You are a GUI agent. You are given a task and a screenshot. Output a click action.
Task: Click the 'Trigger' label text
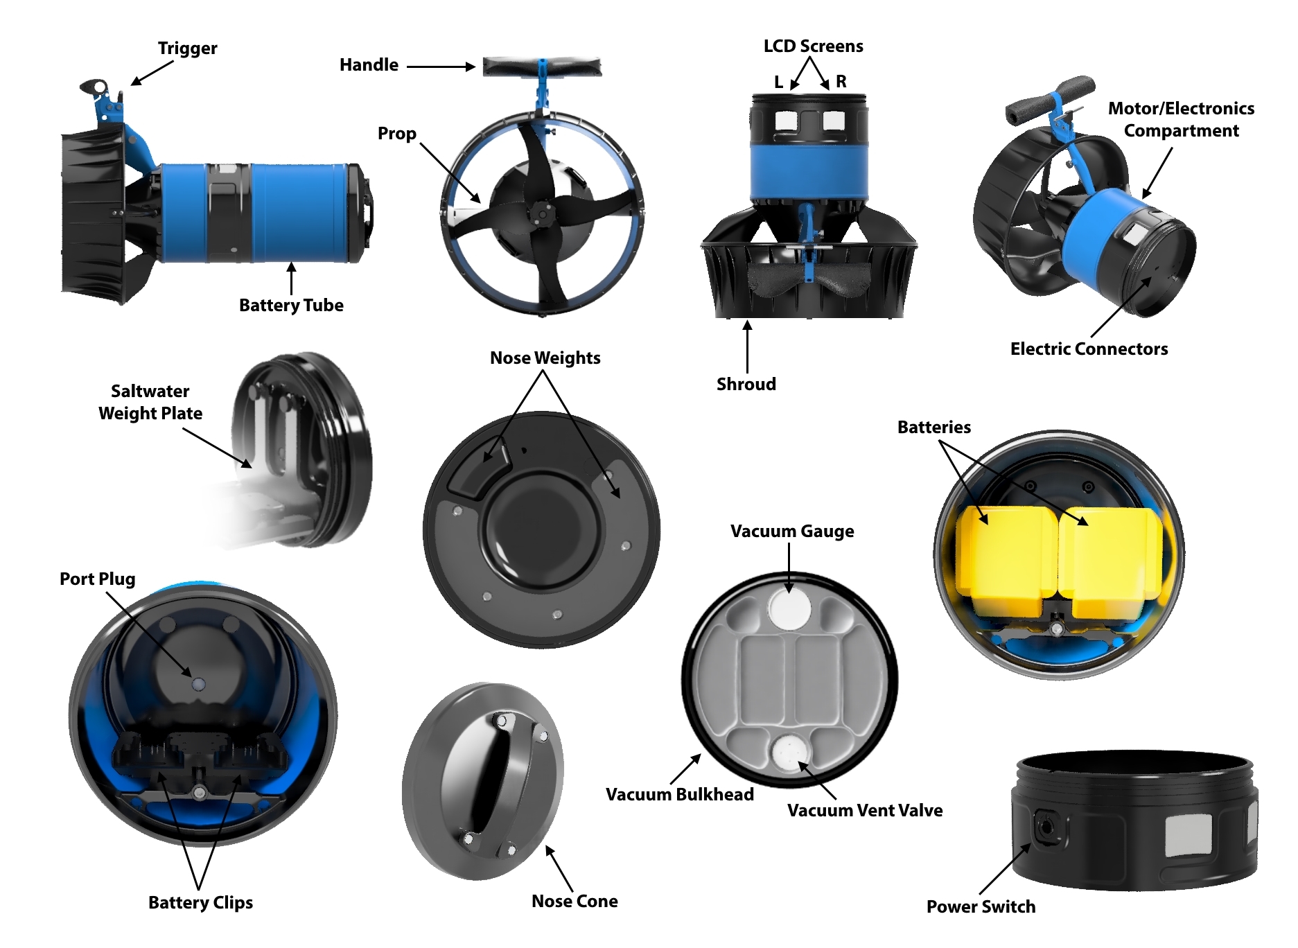(x=187, y=49)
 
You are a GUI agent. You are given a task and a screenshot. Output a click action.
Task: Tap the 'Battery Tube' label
(x=291, y=306)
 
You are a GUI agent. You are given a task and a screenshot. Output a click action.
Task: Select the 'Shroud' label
(x=746, y=384)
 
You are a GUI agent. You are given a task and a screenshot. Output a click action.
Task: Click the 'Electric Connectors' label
(x=1089, y=349)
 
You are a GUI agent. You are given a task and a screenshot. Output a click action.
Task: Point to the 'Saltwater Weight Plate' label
(x=150, y=402)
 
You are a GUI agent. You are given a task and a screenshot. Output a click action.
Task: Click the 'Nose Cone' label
(x=575, y=901)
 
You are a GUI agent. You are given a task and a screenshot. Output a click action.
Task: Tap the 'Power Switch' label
(x=981, y=906)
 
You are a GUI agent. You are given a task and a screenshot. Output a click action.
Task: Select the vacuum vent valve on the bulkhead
(x=789, y=753)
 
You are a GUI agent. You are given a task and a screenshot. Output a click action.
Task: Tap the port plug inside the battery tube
(x=198, y=684)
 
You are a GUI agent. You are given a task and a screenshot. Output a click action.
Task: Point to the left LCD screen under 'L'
(x=786, y=121)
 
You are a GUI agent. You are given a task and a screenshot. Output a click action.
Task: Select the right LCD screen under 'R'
(x=833, y=121)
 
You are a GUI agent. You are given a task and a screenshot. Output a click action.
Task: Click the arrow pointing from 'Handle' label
(x=441, y=67)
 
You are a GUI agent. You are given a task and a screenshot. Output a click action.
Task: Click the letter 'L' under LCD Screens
(x=778, y=82)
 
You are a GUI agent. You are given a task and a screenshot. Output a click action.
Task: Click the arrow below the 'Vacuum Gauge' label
(x=789, y=568)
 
